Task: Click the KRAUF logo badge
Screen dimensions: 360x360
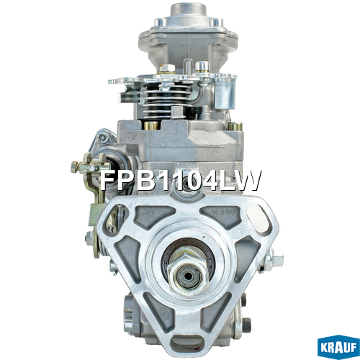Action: (338, 347)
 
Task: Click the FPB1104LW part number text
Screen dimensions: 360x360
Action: (180, 180)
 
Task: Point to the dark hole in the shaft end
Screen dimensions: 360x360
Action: (189, 276)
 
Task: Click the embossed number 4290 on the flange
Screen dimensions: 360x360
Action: (226, 212)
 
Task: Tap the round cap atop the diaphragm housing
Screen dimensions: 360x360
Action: (189, 10)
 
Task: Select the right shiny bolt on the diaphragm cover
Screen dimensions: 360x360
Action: (216, 22)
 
